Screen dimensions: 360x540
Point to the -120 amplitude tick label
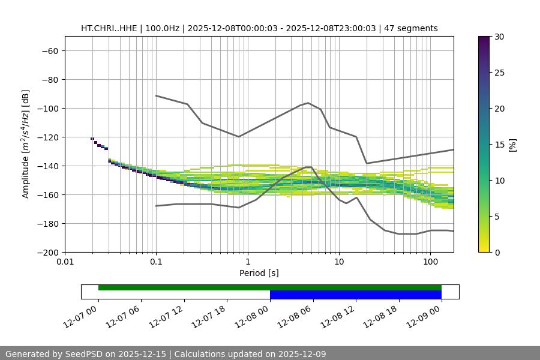coord(49,137)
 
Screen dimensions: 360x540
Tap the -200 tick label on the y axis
coord(49,252)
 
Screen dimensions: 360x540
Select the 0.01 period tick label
coord(65,262)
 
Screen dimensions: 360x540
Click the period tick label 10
coord(339,262)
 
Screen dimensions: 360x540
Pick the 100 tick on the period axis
coord(430,262)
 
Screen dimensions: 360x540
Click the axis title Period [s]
coord(259,273)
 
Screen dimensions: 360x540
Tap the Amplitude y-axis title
coord(26,144)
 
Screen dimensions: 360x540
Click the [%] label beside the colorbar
coord(512,145)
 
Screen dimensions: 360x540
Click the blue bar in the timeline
coord(356,295)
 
